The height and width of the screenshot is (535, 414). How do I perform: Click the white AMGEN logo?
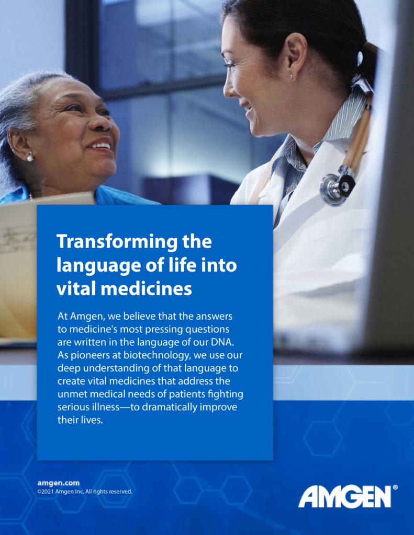pos(344,496)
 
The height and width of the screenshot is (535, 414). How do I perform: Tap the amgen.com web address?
pos(58,483)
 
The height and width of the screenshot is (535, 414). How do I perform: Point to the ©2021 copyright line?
pos(84,492)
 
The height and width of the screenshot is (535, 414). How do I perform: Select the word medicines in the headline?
pos(146,288)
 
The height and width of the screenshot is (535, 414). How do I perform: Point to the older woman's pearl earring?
pos(30,157)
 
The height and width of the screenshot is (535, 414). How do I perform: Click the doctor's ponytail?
pos(369,62)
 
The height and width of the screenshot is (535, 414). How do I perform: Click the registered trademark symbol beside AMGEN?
pos(395,487)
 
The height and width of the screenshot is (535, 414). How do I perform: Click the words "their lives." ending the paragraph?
pos(80,420)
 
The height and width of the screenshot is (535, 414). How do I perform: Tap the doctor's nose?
pos(228,87)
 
